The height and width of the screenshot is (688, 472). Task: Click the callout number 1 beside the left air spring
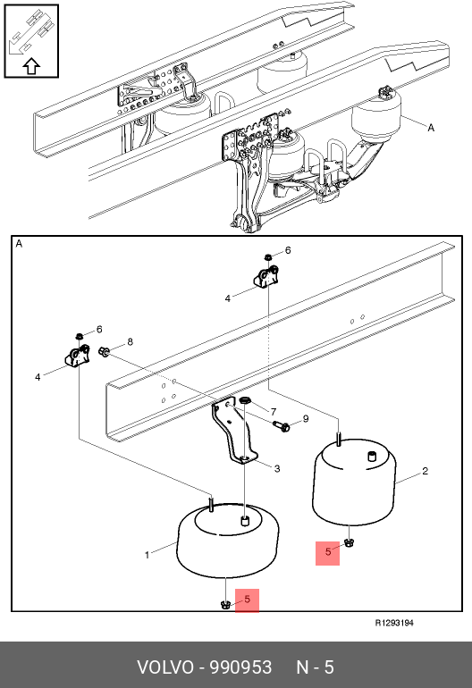click(147, 555)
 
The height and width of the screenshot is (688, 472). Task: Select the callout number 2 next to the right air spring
click(425, 471)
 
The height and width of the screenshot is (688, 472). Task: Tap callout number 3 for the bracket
click(277, 468)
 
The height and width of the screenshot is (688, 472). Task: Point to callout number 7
click(274, 412)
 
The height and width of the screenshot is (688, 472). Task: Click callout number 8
click(130, 342)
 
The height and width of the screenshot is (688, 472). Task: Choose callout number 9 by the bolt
click(306, 419)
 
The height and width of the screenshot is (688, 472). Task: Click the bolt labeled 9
click(281, 425)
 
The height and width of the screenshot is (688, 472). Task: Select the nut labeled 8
click(104, 351)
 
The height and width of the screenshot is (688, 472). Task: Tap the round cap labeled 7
click(245, 400)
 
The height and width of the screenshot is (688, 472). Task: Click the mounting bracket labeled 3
click(232, 432)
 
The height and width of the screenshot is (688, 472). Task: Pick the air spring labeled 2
click(354, 482)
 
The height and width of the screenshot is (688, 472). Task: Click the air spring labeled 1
click(227, 540)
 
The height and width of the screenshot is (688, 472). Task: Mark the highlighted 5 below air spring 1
click(248, 600)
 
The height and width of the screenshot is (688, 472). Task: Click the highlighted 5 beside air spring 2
click(327, 553)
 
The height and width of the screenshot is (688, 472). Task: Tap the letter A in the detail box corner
click(19, 244)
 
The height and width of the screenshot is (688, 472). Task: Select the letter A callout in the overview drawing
click(431, 128)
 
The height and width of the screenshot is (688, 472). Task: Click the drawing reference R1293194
click(394, 623)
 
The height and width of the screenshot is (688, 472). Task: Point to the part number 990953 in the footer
click(240, 667)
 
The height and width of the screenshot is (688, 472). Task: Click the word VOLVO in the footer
click(165, 667)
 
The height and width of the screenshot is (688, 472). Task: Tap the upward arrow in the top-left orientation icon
click(31, 66)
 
